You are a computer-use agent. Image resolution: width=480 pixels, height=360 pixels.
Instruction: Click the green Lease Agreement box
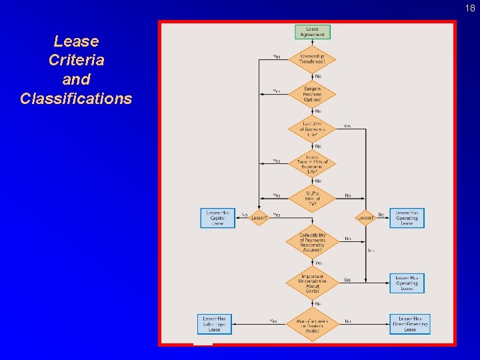pos(312,31)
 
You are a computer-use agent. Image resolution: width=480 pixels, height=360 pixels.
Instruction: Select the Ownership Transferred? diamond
pos(312,59)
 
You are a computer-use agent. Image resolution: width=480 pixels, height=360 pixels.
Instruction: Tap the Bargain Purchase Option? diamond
pos(312,94)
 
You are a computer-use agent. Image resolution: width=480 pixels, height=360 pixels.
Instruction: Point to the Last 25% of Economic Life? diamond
pos(312,129)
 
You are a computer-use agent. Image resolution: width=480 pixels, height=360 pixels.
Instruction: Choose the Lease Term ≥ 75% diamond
pos(312,163)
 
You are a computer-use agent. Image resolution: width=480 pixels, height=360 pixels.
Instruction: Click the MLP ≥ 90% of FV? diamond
pos(312,198)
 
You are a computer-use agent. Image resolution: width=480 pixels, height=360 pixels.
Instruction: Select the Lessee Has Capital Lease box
pos(217,218)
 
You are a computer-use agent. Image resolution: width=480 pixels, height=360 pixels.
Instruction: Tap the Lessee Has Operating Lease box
pos(407,218)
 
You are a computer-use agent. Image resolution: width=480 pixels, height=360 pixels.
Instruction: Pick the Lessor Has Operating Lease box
pos(407,283)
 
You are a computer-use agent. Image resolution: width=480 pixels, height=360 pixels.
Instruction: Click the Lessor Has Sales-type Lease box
pos(214,324)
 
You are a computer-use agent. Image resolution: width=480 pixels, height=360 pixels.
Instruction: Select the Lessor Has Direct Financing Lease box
pos(409,324)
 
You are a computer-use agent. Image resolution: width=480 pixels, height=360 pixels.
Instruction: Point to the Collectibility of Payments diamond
pos(312,241)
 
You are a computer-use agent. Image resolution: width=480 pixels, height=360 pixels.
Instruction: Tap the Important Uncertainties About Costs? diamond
pos(312,283)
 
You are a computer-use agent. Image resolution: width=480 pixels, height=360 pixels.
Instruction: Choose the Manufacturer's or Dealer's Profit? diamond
pos(312,324)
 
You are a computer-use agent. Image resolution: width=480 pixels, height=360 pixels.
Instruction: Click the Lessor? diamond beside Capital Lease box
pos(259,217)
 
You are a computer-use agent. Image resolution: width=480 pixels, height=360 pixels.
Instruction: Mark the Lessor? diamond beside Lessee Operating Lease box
pos(365,217)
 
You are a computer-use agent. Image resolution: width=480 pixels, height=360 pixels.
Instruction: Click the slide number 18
pos(471,8)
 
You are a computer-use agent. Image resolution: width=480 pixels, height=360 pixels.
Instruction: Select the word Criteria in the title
pos(76,60)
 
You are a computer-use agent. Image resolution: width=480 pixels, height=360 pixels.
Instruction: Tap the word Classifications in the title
pos(76,99)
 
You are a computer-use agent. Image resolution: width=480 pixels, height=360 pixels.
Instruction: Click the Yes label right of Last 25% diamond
pos(347,125)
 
